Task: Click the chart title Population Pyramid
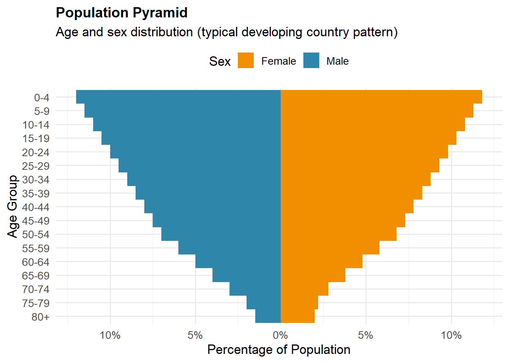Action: pos(122,13)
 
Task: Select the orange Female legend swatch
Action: pos(246,60)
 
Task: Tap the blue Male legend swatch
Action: pos(311,60)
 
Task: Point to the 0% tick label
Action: pos(280,335)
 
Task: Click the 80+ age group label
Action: pos(41,317)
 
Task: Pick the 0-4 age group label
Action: pos(42,98)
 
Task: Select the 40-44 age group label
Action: pos(36,207)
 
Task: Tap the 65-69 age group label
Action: pos(36,276)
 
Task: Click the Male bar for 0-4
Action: pos(178,97)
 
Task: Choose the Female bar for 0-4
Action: pos(381,97)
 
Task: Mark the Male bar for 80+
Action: pos(268,316)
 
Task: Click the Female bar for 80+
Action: pos(298,316)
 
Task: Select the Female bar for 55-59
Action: pos(330,248)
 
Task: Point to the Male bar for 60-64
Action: pos(238,261)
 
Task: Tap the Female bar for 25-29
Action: pos(360,166)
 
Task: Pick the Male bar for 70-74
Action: pos(255,289)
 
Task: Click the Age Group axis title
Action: pos(12,206)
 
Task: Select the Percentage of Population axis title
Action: pos(279,350)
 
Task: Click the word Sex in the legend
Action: pos(220,61)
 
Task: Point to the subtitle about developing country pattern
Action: pos(226,32)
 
